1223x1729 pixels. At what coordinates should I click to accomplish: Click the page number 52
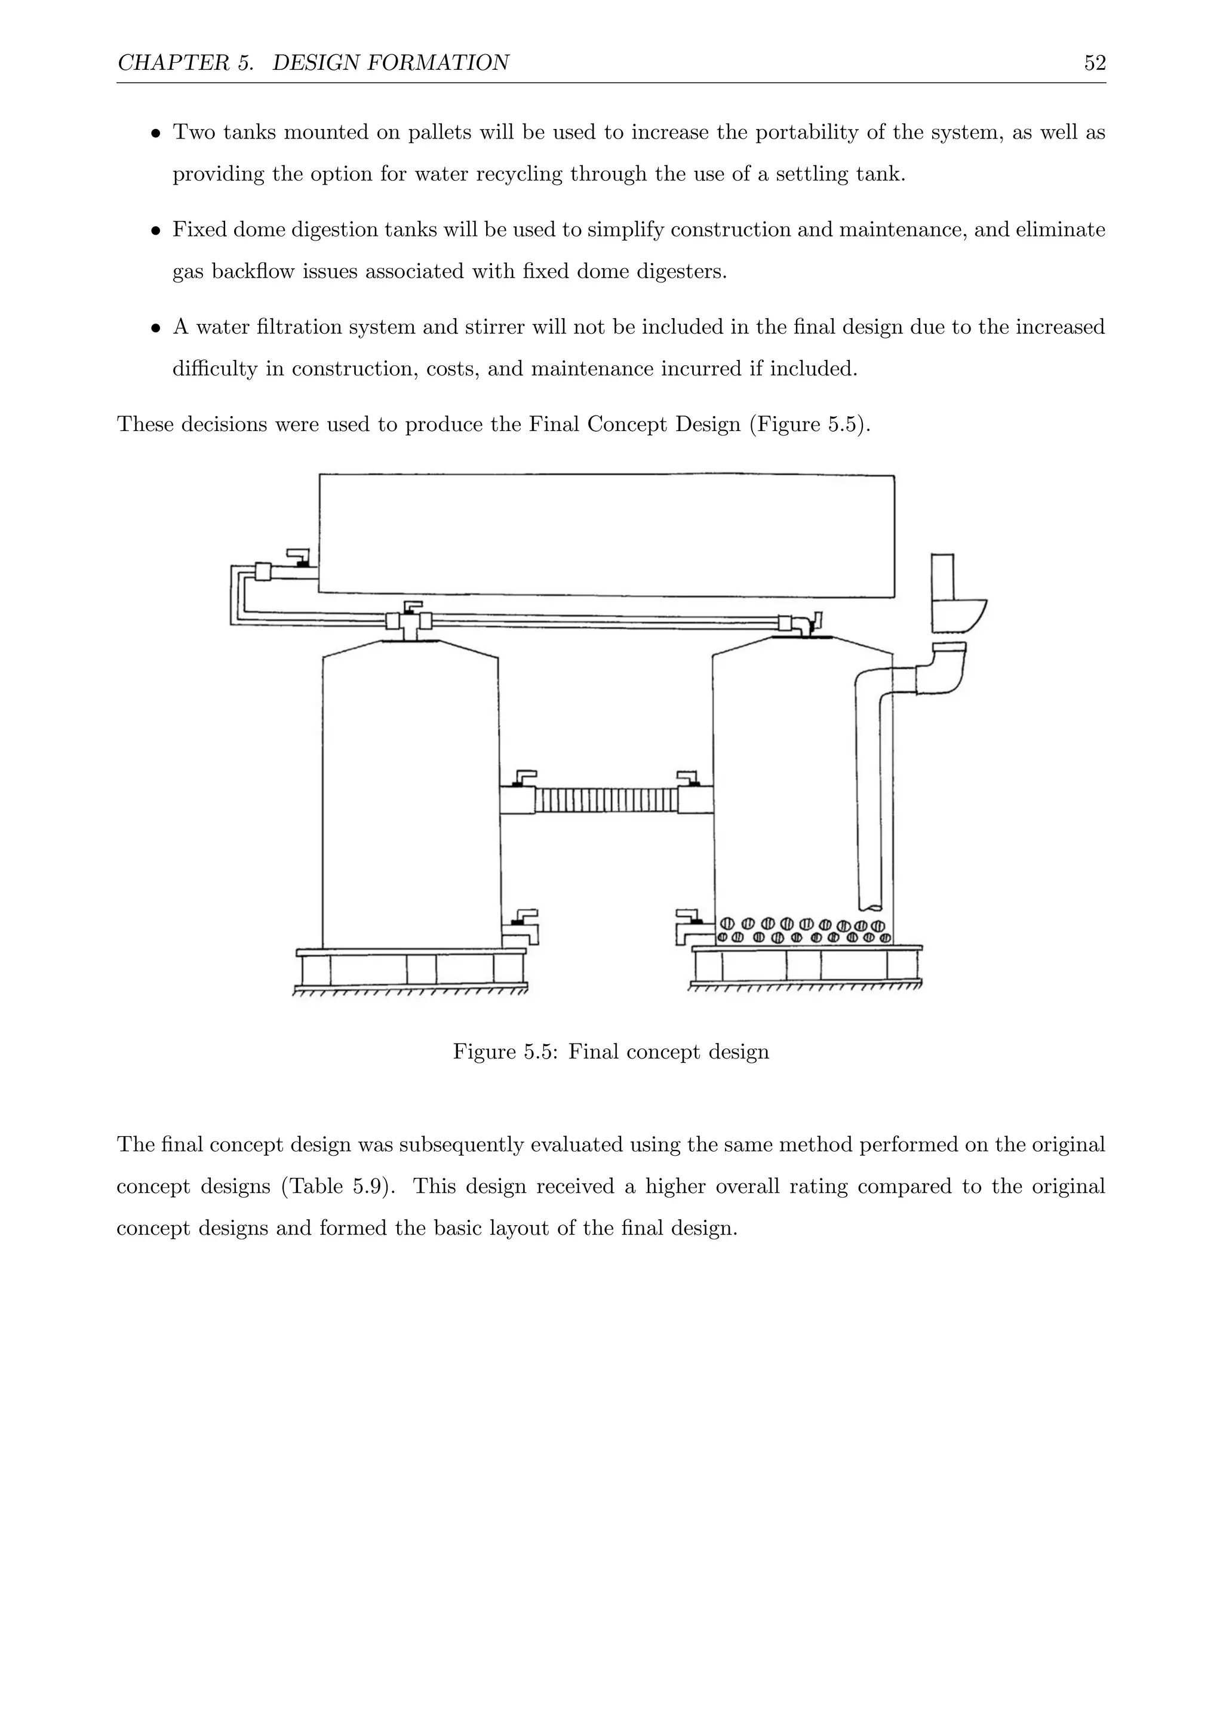click(1094, 63)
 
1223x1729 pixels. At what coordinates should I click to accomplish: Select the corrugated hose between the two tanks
click(606, 800)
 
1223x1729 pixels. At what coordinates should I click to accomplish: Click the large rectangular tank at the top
click(607, 535)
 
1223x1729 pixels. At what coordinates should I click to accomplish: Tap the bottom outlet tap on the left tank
click(522, 928)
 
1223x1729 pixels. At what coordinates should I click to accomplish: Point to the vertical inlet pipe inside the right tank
click(868, 790)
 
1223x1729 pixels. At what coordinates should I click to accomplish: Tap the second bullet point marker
click(155, 231)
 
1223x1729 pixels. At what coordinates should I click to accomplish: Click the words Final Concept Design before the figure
click(634, 424)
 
